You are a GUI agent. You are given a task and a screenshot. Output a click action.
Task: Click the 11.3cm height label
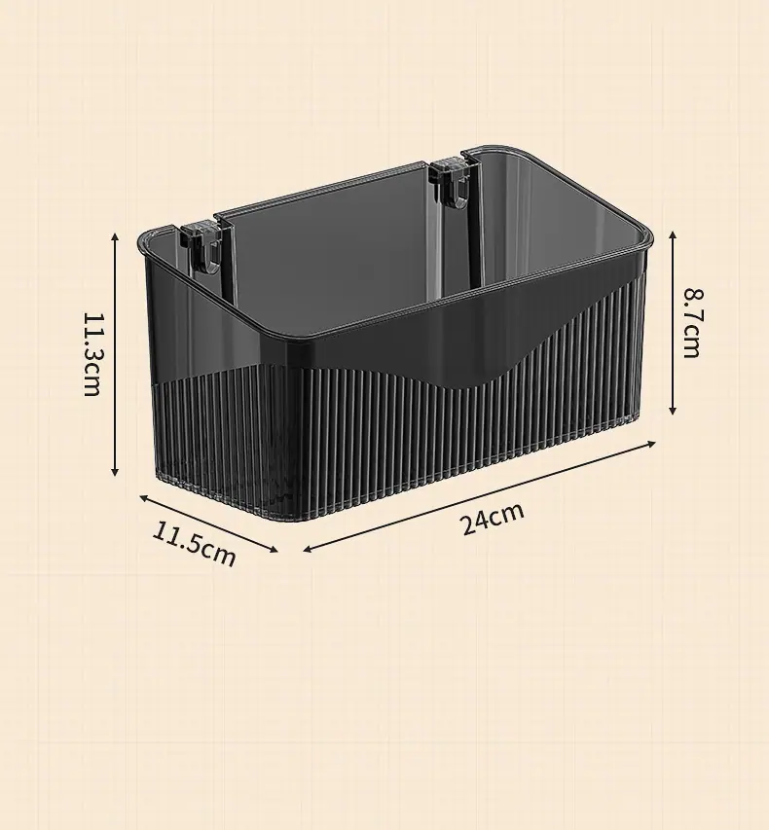pos(92,354)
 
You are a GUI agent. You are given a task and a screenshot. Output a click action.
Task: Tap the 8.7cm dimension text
pos(692,323)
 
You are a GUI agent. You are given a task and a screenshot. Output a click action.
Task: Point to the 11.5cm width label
pos(194,543)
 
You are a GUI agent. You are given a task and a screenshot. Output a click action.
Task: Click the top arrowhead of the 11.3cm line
pos(115,236)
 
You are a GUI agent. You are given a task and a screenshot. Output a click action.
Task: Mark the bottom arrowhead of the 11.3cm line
pos(115,471)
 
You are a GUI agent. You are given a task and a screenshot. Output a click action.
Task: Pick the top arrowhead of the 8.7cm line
pos(673,235)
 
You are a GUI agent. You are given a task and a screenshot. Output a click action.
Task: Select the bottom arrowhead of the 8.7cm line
pos(673,410)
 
